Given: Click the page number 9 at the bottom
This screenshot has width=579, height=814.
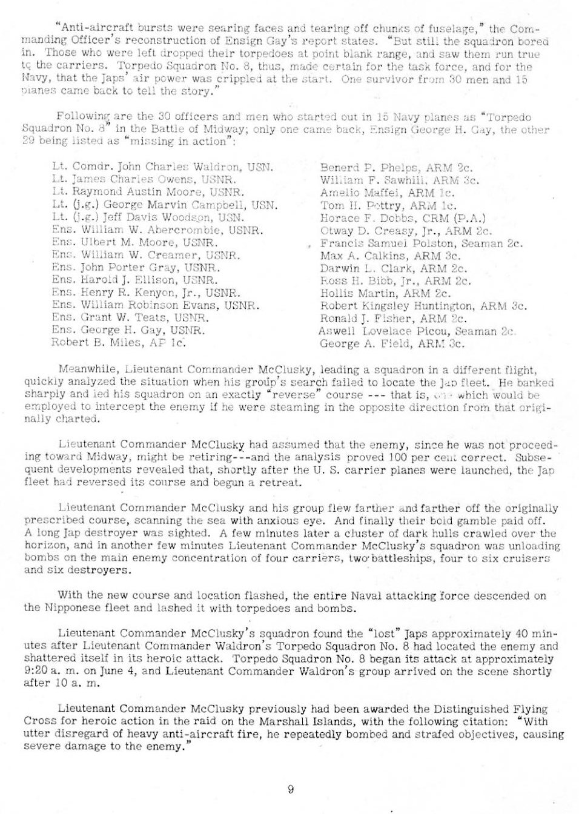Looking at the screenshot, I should coord(291,789).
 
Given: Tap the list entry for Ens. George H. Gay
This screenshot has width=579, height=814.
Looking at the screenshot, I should coord(128,331).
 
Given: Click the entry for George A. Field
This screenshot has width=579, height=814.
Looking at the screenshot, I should coord(391,343).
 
